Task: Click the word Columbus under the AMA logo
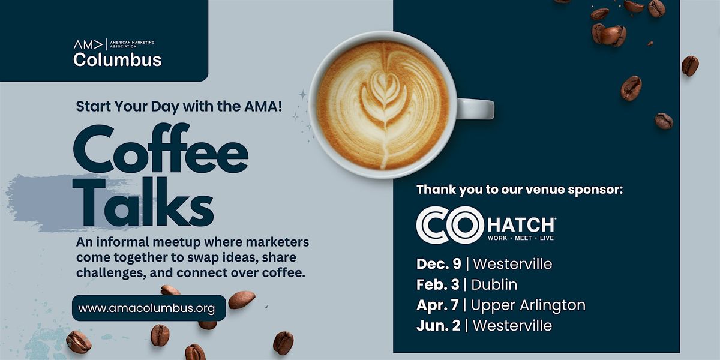pos(117,59)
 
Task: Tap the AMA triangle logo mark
pos(88,44)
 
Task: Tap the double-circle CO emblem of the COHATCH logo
pos(442,225)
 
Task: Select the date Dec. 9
pos(439,263)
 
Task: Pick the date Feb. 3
pos(438,284)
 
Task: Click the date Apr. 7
pos(438,305)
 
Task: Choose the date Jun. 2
pos(439,326)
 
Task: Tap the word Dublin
pos(494,284)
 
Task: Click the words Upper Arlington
pos(528,305)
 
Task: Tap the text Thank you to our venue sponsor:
pos(520,190)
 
